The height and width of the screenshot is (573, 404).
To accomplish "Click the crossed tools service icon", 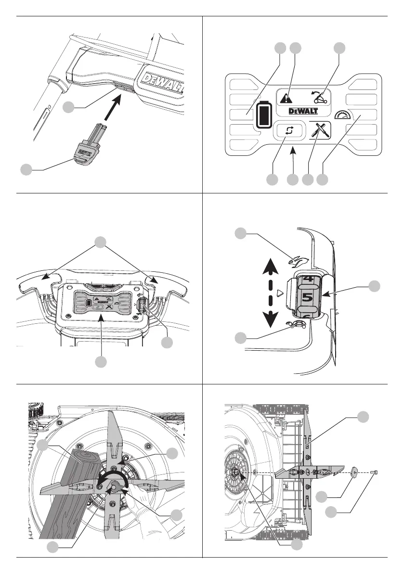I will click(319, 131).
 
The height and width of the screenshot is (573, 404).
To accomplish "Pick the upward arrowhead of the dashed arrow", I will click(272, 266).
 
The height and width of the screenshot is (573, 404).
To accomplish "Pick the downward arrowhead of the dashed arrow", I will click(272, 318).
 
